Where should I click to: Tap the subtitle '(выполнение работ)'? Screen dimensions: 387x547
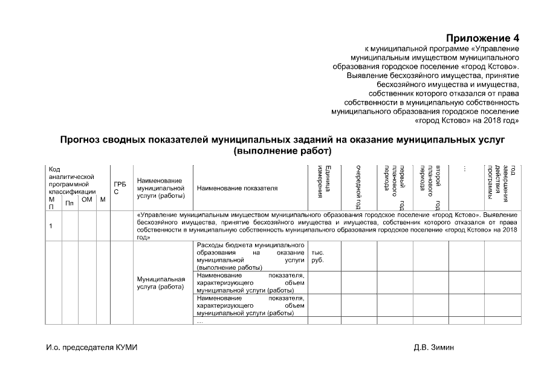[282, 150]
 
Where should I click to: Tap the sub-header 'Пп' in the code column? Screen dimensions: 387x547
[70, 203]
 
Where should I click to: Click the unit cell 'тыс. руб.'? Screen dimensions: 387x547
[318, 256]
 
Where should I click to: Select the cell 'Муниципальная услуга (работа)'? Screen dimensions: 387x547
[161, 283]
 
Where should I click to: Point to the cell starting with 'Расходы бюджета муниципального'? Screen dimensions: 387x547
[250, 256]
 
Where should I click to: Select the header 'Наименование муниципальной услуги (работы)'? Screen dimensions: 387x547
[161, 188]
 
